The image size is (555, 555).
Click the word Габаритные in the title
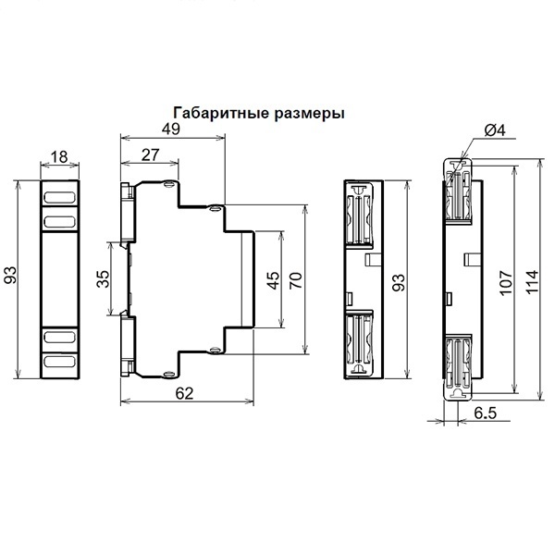tap(222, 113)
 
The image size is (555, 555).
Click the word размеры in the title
tap(310, 114)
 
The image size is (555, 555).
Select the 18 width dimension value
tap(59, 157)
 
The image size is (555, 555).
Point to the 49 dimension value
tap(171, 129)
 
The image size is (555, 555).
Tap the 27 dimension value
tap(151, 155)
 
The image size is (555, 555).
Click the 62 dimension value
tap(185, 394)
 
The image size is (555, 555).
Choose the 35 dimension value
tap(104, 278)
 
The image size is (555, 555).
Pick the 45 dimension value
tap(273, 280)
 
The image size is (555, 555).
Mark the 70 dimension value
tap(296, 280)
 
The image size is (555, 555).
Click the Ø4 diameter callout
tap(495, 130)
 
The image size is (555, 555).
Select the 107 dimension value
tap(506, 282)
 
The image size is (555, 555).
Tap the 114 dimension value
tap(532, 281)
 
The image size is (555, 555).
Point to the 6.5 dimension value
tap(486, 413)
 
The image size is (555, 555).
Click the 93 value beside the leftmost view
tap(10, 276)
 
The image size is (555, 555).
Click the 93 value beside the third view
tap(399, 282)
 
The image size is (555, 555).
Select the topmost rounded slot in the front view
tap(59, 198)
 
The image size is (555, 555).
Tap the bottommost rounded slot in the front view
tap(59, 362)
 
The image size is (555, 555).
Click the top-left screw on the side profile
tap(169, 184)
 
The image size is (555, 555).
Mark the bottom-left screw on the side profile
tap(169, 374)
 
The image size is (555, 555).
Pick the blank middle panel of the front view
tap(59, 279)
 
